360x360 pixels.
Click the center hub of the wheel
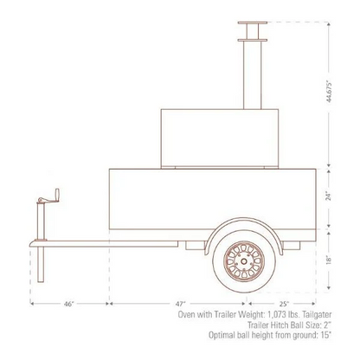click(x=246, y=258)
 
